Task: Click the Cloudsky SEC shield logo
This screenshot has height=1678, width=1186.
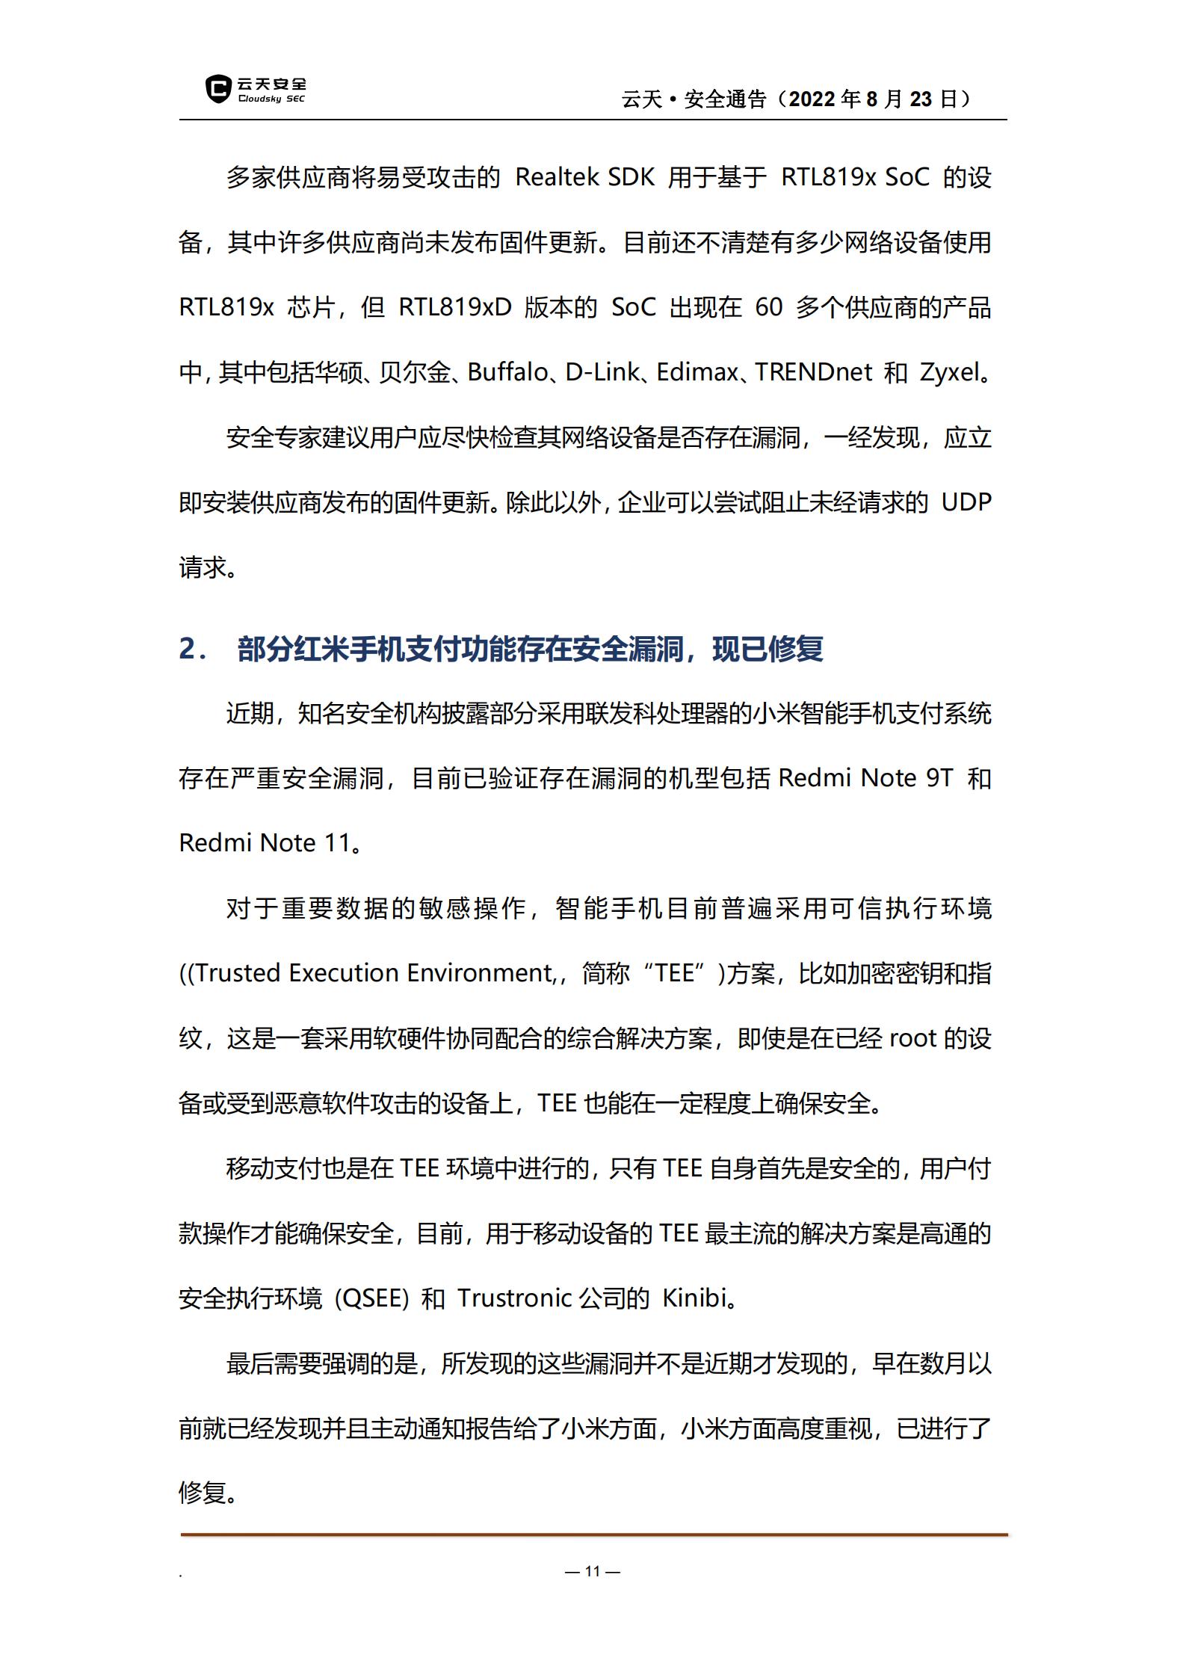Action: coord(217,89)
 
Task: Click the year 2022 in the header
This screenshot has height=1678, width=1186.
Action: coord(812,99)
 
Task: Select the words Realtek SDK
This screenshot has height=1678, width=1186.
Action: coord(584,178)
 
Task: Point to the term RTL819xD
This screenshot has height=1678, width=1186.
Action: coord(454,307)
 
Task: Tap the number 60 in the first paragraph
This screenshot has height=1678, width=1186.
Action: coord(769,307)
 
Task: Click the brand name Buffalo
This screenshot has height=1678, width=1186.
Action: coord(507,372)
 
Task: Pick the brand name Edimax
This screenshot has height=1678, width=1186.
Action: coord(697,372)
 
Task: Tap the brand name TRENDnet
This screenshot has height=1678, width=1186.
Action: coord(813,372)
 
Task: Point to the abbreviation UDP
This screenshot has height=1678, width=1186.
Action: coord(966,502)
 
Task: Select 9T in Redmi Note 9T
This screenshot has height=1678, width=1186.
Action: coord(939,779)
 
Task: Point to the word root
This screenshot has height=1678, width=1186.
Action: coord(913,1038)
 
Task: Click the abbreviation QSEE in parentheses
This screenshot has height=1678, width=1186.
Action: coord(371,1298)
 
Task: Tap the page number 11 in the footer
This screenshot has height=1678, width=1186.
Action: coord(593,1571)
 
